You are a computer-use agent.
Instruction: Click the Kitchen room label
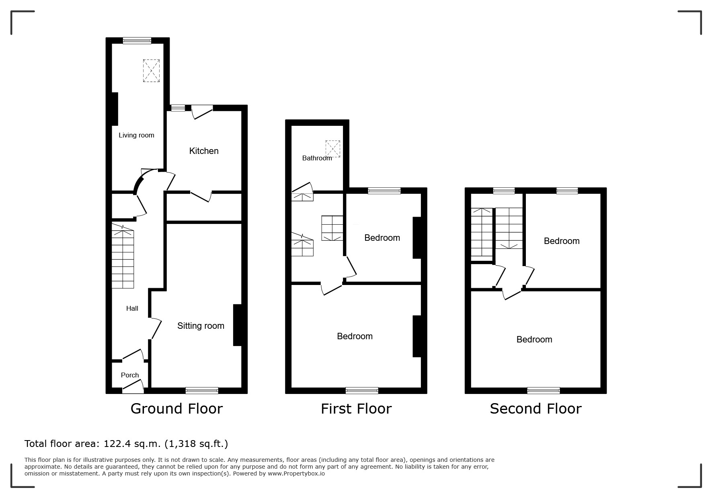tap(204, 151)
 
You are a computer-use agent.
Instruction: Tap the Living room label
tap(136, 135)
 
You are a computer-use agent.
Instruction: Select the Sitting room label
tap(201, 326)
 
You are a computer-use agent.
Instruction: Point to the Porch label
tap(130, 375)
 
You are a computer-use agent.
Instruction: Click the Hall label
tap(132, 308)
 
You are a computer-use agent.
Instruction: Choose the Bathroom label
tap(317, 158)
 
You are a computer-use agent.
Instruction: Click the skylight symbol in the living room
tap(151, 71)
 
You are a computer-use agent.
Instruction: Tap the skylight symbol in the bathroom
tap(333, 149)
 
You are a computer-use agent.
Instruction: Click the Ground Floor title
tap(176, 408)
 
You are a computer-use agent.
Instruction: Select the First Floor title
tap(356, 408)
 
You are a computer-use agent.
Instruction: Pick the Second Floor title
tap(536, 408)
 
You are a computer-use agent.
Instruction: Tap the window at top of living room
tap(137, 40)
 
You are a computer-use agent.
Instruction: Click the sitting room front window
tap(202, 390)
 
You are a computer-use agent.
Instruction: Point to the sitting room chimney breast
tap(238, 325)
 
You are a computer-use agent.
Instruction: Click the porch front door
tap(133, 387)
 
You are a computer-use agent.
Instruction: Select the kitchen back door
tap(202, 112)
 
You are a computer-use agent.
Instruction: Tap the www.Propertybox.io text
tap(296, 473)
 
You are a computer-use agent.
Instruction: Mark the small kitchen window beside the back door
tap(178, 108)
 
